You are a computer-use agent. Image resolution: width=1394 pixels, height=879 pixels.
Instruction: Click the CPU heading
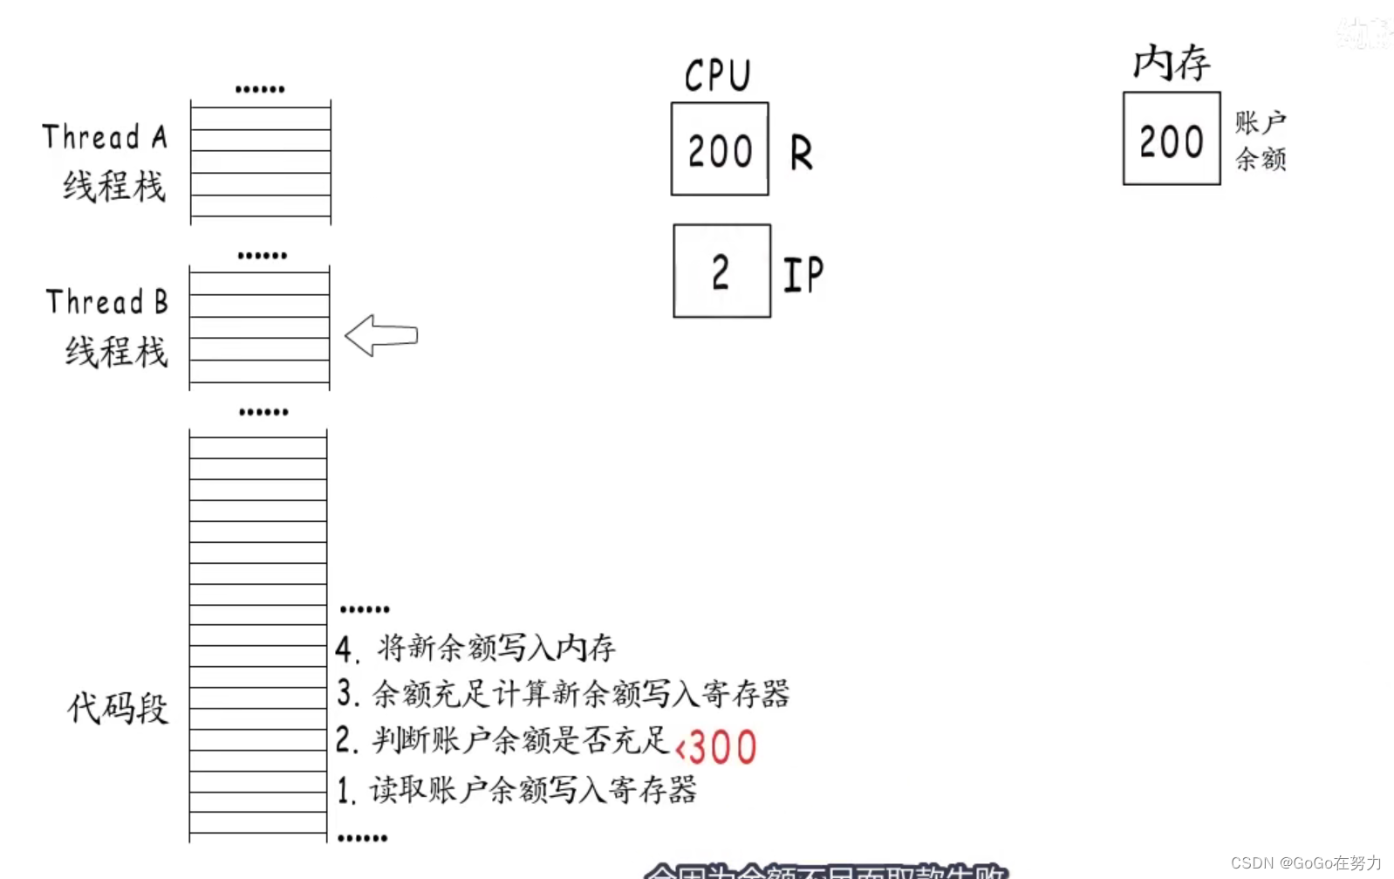717,75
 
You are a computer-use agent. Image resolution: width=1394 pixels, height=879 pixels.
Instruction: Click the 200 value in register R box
720,151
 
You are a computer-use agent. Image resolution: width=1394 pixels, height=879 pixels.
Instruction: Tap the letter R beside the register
801,154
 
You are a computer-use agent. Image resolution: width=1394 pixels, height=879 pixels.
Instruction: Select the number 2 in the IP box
721,272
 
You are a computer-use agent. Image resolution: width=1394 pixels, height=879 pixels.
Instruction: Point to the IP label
803,275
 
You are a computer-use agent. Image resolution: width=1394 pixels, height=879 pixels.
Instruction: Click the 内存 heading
1172,63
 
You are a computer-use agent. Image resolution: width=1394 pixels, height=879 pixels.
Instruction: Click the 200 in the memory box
1171,141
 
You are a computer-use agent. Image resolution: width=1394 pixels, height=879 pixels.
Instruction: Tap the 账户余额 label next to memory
1261,141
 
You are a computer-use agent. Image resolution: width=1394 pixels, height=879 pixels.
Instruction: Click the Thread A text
105,137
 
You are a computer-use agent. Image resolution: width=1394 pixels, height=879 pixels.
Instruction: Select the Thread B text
106,302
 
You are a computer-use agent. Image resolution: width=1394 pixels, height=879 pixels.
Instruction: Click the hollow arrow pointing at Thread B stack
381,335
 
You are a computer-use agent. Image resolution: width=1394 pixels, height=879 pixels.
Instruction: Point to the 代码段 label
118,708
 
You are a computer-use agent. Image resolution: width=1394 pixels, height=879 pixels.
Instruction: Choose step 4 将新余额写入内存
476,648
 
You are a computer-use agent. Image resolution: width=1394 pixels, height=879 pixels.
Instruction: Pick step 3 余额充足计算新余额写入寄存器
564,694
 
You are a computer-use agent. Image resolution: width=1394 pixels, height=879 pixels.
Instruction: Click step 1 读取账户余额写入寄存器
517,790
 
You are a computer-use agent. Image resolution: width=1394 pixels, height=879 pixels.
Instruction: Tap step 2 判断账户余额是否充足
503,741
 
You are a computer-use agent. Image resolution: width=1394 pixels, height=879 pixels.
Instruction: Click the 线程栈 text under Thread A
113,186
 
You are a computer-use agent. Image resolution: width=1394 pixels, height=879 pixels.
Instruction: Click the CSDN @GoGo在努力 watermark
1306,862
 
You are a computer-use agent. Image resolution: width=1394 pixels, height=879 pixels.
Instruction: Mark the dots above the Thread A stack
260,89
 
